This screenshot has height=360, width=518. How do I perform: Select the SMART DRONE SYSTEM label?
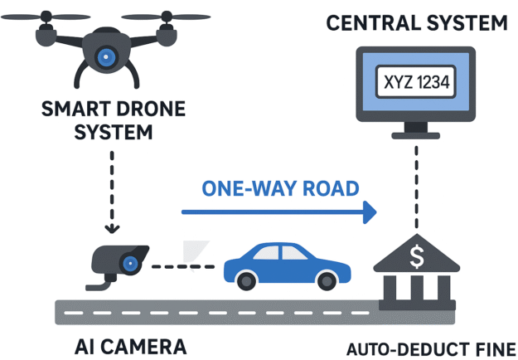105,119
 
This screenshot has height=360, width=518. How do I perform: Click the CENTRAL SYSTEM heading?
416,22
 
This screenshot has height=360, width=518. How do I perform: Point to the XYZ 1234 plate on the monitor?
417,83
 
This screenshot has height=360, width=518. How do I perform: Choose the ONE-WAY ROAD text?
281,188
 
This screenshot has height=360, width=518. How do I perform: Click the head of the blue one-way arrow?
366,213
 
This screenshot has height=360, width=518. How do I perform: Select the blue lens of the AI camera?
129,264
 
